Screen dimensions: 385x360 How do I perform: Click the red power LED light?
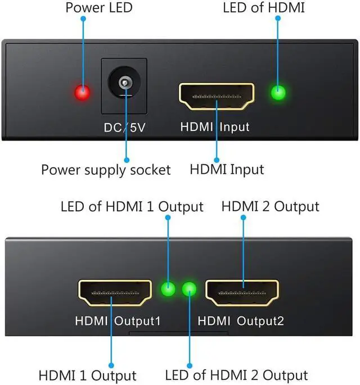pyautogui.click(x=83, y=93)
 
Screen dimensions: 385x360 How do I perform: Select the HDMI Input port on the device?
pyautogui.click(x=217, y=96)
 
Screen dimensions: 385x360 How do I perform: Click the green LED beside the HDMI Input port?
pyautogui.click(x=277, y=93)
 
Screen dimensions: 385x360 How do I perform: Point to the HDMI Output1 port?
pyautogui.click(x=114, y=293)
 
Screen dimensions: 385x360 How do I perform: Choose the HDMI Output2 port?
pyautogui.click(x=242, y=293)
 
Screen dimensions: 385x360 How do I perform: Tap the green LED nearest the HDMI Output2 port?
pyautogui.click(x=190, y=289)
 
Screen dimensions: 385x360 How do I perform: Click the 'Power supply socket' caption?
pyautogui.click(x=106, y=170)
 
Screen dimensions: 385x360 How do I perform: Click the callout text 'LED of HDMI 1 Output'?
pyautogui.click(x=132, y=206)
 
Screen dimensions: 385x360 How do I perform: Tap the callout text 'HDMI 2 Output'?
pyautogui.click(x=271, y=206)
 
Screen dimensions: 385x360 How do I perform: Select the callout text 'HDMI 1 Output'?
pyautogui.click(x=88, y=375)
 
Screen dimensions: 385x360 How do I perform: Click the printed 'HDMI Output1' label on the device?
pyautogui.click(x=118, y=321)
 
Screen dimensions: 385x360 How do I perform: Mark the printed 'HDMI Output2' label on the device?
pyautogui.click(x=241, y=321)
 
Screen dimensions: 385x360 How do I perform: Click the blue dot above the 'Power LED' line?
pyautogui.click(x=83, y=19)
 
